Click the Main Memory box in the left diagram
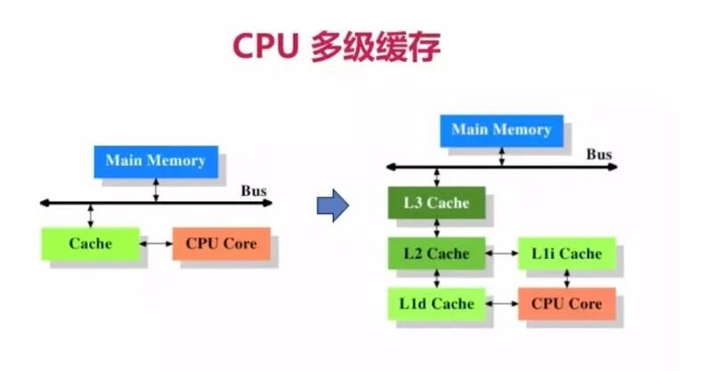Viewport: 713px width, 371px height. [156, 161]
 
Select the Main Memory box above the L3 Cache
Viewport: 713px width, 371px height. [501, 131]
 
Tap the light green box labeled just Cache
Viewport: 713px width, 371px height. [90, 243]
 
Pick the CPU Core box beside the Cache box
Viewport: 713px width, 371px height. [222, 243]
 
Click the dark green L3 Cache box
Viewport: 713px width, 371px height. [436, 202]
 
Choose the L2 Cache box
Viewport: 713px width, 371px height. [436, 253]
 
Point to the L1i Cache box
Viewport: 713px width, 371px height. [567, 253]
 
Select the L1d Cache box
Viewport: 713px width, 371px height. [436, 304]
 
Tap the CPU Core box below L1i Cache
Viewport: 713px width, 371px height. [567, 304]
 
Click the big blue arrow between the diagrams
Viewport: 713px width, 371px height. [333, 205]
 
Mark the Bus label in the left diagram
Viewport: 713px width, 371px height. [254, 191]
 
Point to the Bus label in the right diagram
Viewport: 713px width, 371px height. [599, 154]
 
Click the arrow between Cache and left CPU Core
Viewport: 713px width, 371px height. [156, 243]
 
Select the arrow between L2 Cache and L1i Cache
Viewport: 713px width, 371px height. [502, 253]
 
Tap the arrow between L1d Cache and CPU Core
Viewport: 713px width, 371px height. [502, 303]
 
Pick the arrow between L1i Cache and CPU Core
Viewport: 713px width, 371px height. [567, 278]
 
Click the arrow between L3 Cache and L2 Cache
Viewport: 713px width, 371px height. [436, 228]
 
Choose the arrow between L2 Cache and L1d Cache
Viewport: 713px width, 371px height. [436, 278]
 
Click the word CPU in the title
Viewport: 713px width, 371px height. [266, 46]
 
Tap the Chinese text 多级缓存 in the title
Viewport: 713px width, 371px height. [376, 46]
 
